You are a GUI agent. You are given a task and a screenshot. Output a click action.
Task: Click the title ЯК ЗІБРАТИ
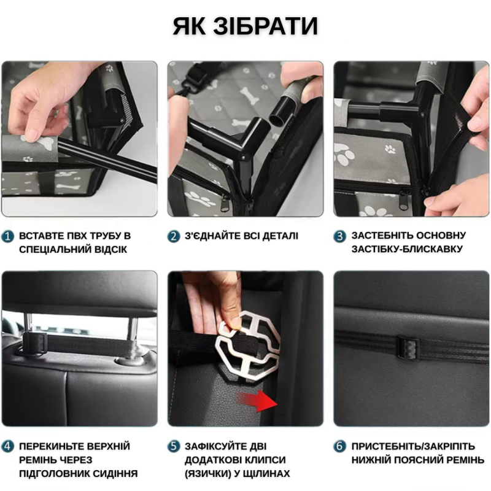[245, 26]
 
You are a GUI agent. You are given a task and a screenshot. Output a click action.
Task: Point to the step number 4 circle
[8, 446]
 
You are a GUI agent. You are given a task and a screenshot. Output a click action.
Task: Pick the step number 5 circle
[174, 446]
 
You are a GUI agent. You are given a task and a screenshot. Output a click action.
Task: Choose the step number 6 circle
[340, 446]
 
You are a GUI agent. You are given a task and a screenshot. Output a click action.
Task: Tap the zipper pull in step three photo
[403, 199]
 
